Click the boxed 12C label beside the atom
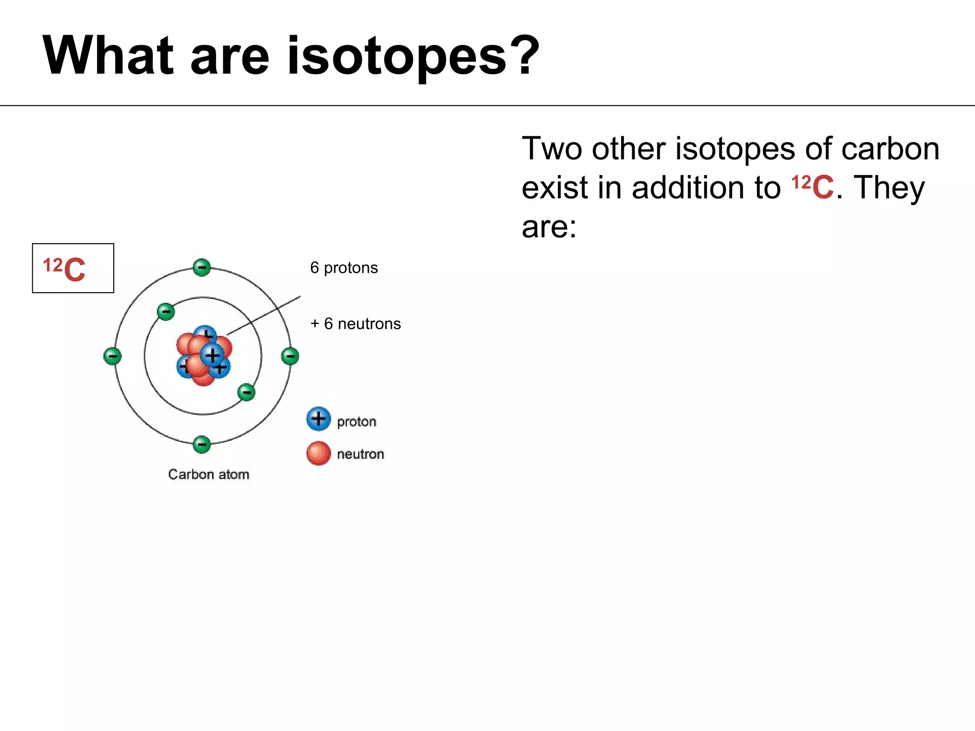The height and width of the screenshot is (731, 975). [73, 268]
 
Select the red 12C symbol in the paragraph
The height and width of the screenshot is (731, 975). [812, 187]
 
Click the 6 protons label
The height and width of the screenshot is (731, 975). [344, 268]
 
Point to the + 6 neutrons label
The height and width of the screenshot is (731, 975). [355, 324]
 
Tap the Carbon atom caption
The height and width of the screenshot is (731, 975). [209, 474]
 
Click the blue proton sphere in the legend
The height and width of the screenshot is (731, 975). [318, 419]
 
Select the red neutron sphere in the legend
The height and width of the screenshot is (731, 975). [318, 453]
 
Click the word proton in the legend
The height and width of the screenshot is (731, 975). [357, 422]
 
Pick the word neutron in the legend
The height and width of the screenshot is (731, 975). [360, 454]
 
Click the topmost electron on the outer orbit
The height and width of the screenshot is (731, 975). [202, 267]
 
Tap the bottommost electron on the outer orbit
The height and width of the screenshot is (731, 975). [202, 445]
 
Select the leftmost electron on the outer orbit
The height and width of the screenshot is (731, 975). [112, 356]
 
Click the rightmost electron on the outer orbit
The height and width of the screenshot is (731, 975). [290, 356]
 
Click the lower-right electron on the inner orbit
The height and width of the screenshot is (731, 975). [246, 392]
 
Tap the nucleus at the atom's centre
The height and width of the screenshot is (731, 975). [204, 356]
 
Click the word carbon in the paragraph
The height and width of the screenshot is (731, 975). [890, 148]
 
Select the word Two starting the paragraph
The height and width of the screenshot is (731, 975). [552, 148]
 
